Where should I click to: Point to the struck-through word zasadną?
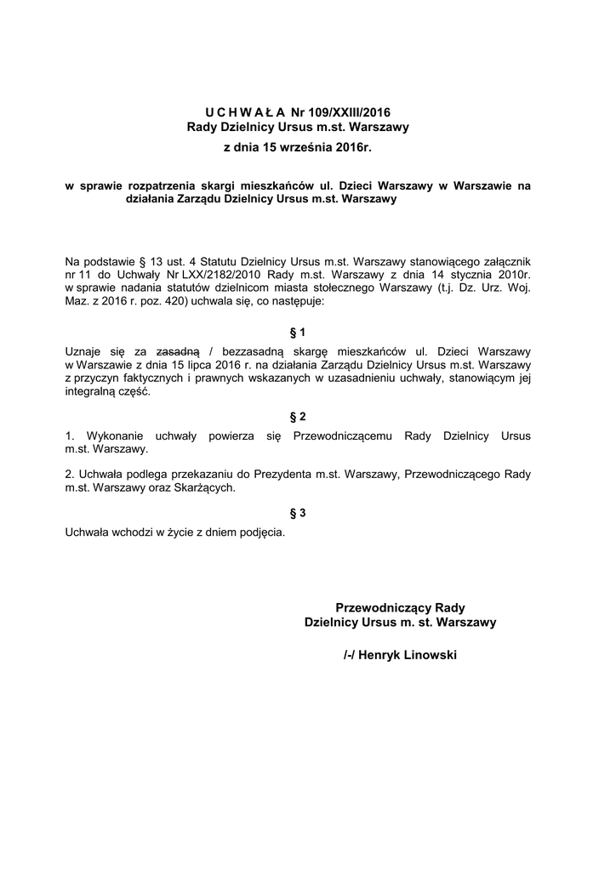pos(178,350)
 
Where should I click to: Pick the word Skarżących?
pos(204,488)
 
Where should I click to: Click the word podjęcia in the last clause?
pos(260,532)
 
